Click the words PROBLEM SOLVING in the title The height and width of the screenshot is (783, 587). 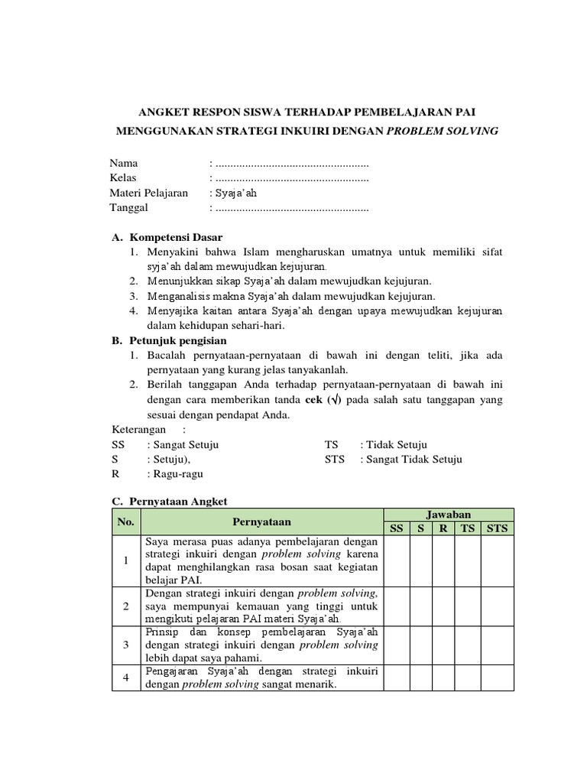coord(443,131)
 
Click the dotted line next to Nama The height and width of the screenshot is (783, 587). coord(292,164)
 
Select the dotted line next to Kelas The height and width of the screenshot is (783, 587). coord(292,178)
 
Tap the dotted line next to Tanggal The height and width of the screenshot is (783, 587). coord(292,208)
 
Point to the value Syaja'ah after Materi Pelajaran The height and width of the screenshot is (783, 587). coord(235,193)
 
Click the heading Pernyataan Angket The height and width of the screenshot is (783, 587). coord(178,501)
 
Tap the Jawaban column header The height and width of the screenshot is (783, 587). coord(449,515)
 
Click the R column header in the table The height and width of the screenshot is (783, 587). coord(443,528)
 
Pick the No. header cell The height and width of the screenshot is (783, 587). coord(126,521)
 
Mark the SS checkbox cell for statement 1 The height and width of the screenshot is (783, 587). coord(396,560)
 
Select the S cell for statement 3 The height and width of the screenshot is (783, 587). coord(420,645)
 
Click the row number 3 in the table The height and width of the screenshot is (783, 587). coord(126,645)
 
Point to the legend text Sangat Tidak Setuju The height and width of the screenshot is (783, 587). coord(413,460)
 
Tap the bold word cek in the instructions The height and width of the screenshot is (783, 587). coord(313,401)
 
